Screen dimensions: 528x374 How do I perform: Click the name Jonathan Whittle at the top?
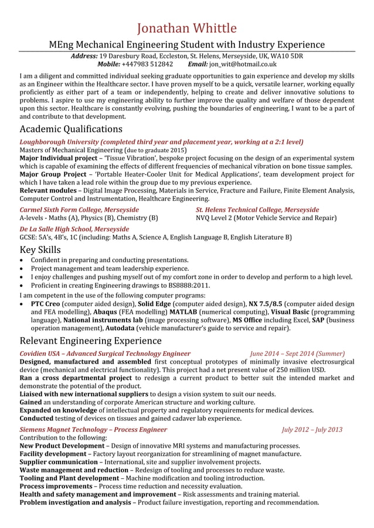click(187, 28)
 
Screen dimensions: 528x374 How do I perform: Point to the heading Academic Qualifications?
click(71, 129)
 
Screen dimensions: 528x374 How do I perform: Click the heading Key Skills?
click(40, 249)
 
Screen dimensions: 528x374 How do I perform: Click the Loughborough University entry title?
click(161, 142)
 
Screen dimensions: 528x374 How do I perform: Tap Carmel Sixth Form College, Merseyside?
click(79, 210)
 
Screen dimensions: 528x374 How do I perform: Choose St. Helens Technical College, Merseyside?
click(257, 210)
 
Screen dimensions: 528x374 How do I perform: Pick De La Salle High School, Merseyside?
click(74, 229)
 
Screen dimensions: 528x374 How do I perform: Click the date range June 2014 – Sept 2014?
click(297, 354)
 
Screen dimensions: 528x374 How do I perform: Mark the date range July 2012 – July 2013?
click(312, 430)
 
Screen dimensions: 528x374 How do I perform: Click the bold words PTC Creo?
click(45, 304)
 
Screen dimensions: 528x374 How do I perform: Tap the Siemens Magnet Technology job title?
click(93, 430)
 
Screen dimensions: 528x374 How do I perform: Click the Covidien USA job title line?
click(105, 354)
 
